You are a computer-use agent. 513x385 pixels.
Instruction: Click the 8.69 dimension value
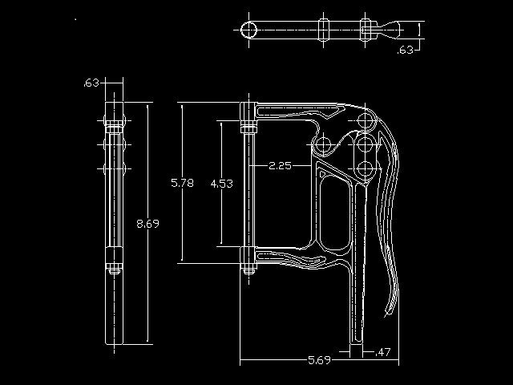pyautogui.click(x=147, y=224)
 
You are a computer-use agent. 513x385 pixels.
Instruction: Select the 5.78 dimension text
pyautogui.click(x=182, y=183)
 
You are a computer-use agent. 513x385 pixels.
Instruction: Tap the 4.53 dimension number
pyautogui.click(x=222, y=184)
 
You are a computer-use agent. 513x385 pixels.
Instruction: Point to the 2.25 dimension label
pyautogui.click(x=280, y=166)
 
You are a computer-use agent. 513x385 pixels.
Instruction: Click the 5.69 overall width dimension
pyautogui.click(x=319, y=360)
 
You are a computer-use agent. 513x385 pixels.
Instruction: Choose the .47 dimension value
pyautogui.click(x=382, y=352)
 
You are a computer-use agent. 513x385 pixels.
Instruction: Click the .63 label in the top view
pyautogui.click(x=406, y=50)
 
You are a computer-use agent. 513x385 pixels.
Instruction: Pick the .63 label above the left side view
pyautogui.click(x=91, y=83)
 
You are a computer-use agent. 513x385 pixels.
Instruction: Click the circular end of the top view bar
pyautogui.click(x=248, y=30)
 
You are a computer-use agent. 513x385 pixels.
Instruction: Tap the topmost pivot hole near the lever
pyautogui.click(x=366, y=120)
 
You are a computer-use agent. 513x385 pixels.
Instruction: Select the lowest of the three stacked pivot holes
pyautogui.click(x=366, y=169)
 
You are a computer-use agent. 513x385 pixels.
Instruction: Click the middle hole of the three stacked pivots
pyautogui.click(x=366, y=144)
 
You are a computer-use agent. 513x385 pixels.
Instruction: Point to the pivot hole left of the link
pyautogui.click(x=323, y=144)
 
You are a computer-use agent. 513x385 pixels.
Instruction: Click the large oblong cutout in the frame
pyautogui.click(x=335, y=213)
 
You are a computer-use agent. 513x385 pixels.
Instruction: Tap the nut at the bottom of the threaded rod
pyautogui.click(x=248, y=270)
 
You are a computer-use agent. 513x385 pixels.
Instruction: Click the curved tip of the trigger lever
pyautogui.click(x=390, y=310)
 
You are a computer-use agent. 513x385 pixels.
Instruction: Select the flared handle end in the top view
pyautogui.click(x=390, y=30)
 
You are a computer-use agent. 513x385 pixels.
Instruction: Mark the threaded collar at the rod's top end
pyautogui.click(x=248, y=127)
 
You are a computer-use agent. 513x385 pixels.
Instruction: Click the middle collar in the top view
pyautogui.click(x=323, y=30)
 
